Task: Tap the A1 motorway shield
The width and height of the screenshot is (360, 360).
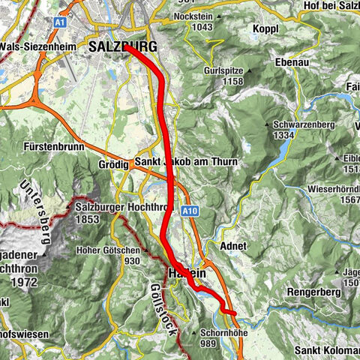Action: pyautogui.click(x=60, y=23)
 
